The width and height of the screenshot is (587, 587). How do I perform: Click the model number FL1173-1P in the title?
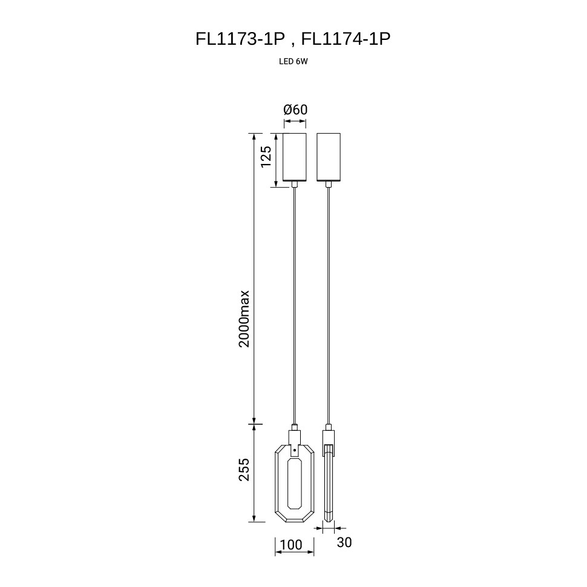(x=240, y=39)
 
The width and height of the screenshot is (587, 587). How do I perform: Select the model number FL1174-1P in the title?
(x=346, y=39)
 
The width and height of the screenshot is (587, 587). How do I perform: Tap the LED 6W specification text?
(x=293, y=62)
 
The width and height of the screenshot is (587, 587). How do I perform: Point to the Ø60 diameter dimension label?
(x=295, y=110)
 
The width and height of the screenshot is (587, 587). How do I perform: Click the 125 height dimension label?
(x=266, y=157)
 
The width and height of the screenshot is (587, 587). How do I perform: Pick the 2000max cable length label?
(x=244, y=318)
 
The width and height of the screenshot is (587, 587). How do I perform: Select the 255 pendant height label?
(x=244, y=470)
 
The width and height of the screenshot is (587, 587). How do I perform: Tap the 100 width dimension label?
(x=291, y=545)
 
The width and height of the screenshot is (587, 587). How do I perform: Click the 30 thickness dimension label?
(x=344, y=542)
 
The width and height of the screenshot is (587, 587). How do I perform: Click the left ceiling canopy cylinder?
(x=295, y=157)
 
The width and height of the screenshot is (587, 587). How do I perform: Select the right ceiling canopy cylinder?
(x=329, y=157)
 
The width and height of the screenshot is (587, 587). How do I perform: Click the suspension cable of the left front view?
(x=295, y=306)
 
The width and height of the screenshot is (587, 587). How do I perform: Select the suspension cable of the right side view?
(x=329, y=306)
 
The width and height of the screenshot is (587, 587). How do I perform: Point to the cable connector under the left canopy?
(x=295, y=184)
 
